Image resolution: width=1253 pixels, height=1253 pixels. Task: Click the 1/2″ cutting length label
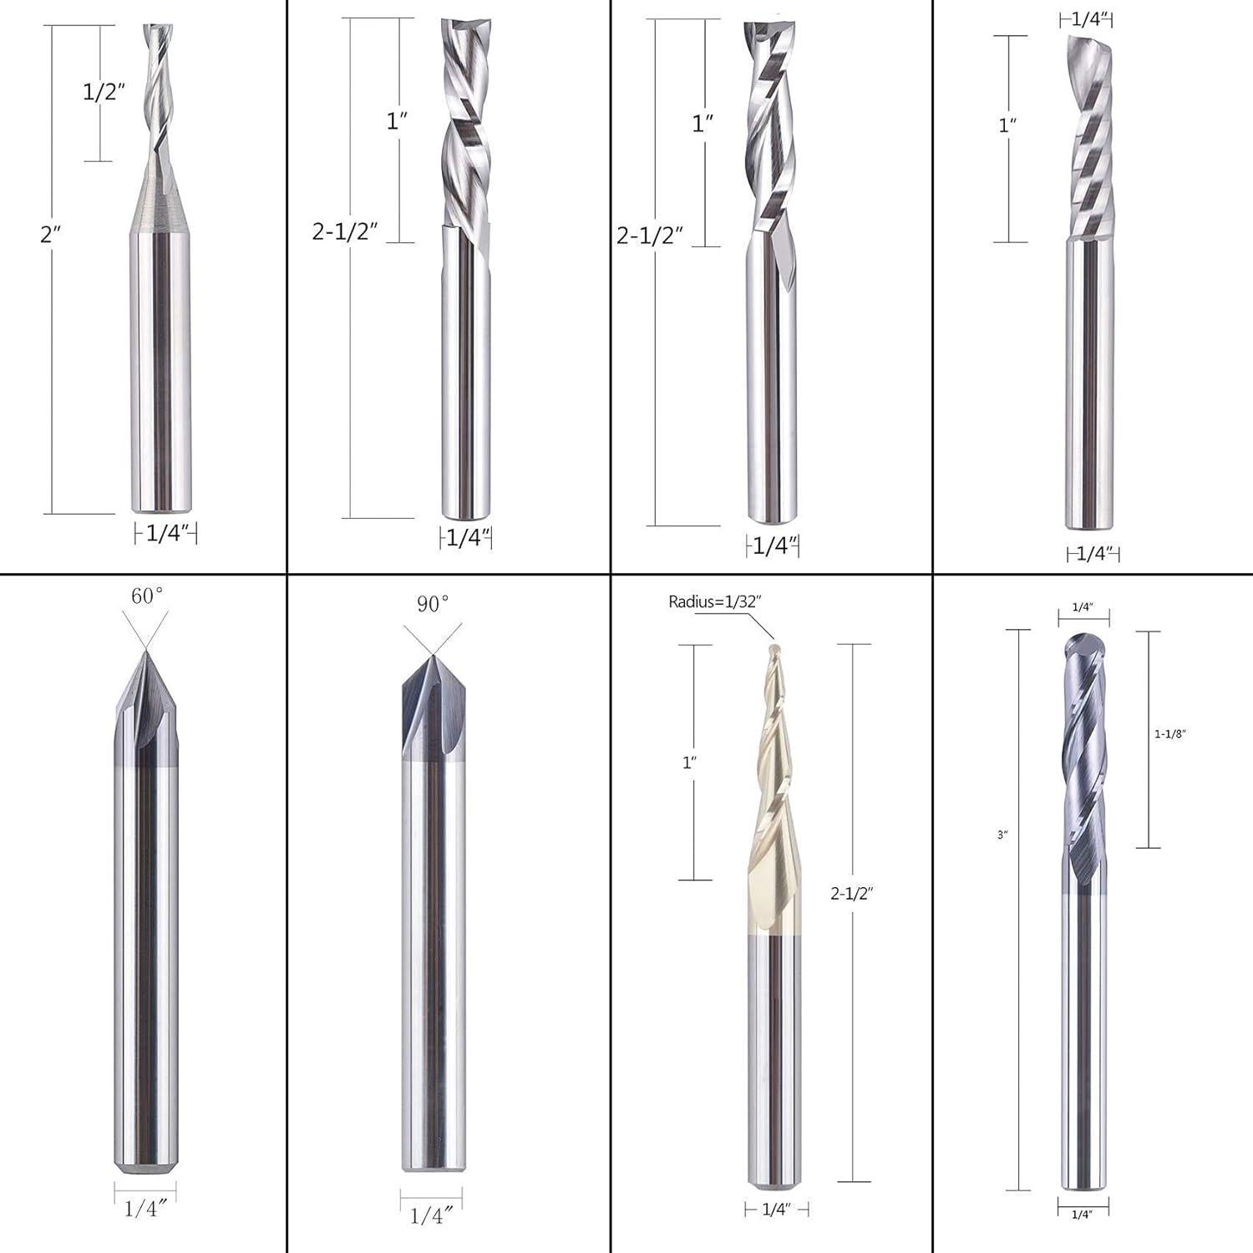point(104,92)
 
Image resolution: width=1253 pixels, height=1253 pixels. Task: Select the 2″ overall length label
point(51,235)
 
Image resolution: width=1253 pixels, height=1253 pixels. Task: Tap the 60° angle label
point(147,596)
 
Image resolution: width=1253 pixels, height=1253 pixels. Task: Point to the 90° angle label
point(433,604)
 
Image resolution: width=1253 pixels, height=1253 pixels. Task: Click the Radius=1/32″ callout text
point(715,602)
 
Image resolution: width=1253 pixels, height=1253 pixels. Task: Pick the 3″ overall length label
point(1002,834)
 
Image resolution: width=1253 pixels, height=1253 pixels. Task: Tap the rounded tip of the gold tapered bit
point(774,647)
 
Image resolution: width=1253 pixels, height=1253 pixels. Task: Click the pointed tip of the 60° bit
point(146,652)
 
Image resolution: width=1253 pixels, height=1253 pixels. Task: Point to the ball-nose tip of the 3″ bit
point(1083,643)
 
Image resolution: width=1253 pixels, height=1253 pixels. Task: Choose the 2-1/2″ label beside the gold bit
point(851,894)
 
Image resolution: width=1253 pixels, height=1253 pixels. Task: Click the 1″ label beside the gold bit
point(689,763)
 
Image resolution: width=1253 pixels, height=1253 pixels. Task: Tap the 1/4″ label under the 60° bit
point(146,1208)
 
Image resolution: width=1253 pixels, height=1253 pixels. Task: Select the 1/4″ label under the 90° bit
point(431,1215)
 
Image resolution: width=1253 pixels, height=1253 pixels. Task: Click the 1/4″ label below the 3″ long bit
point(1083,1214)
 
